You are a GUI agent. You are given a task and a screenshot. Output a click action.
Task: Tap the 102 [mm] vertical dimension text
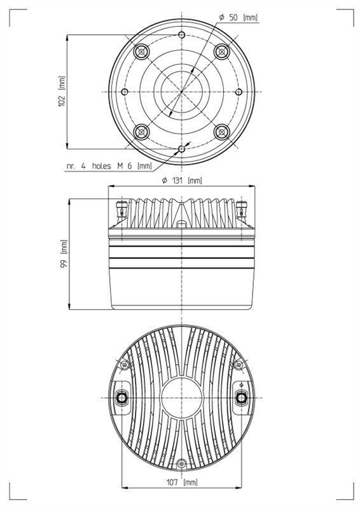pyautogui.click(x=61, y=92)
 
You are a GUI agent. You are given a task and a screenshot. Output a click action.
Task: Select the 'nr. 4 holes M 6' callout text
pyautogui.click(x=109, y=165)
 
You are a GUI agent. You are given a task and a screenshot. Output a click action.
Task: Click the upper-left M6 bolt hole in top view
pyautogui.click(x=141, y=51)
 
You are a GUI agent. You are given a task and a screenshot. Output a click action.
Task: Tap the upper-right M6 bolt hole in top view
pyautogui.click(x=222, y=51)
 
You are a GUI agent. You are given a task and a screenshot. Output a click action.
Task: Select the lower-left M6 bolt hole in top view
pyautogui.click(x=141, y=132)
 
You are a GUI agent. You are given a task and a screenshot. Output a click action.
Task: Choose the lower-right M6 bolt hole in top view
pyautogui.click(x=222, y=132)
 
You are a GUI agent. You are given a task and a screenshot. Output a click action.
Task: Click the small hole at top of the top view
pyautogui.click(x=181, y=34)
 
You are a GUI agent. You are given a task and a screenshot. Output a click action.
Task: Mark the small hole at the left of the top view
pyautogui.click(x=125, y=92)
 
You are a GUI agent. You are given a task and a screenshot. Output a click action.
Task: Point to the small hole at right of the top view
pyautogui.click(x=239, y=92)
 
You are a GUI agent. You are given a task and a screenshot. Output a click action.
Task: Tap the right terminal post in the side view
pyautogui.click(x=241, y=207)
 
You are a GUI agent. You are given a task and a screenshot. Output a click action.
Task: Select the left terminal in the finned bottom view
pyautogui.click(x=121, y=397)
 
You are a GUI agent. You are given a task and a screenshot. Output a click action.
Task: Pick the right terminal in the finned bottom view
pyautogui.click(x=241, y=397)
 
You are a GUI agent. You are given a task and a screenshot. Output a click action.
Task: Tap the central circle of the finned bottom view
pyautogui.click(x=181, y=397)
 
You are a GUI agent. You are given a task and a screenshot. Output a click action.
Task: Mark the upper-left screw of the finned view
pyautogui.click(x=124, y=365)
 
